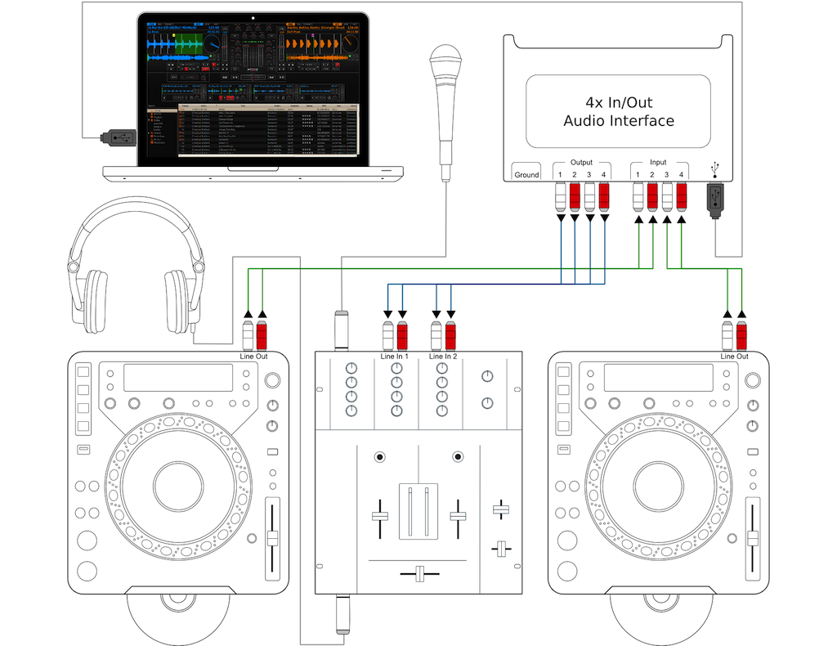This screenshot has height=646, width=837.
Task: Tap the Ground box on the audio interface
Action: coord(526,175)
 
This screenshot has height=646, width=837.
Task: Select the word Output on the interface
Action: coord(580,163)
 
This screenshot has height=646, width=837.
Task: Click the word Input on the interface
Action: coord(659,163)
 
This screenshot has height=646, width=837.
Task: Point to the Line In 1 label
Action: coord(395,357)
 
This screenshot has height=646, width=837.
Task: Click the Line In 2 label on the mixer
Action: coord(442,357)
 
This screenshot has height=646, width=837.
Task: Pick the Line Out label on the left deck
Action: coord(254,357)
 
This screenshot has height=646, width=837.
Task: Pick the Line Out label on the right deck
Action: coord(733,357)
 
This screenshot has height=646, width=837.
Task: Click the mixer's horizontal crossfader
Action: coord(420,573)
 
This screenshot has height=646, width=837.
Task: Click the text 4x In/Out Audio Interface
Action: coord(618,112)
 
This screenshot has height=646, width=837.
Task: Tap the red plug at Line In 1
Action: coord(403,336)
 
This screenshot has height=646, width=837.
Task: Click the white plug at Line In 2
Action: coord(436,336)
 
